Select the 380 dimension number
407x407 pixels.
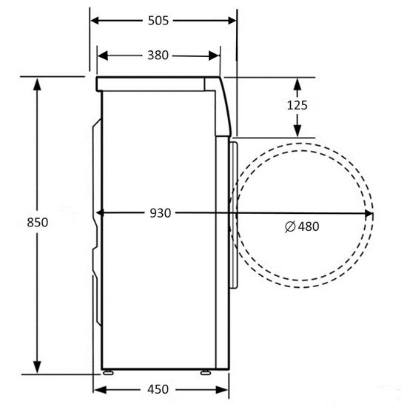tap(158, 55)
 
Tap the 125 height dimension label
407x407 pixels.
tap(297, 105)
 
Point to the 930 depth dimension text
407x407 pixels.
tap(160, 213)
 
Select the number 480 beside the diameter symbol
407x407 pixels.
tap(309, 226)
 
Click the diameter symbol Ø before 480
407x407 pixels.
tap(289, 226)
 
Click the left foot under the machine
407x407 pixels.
tap(110, 372)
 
